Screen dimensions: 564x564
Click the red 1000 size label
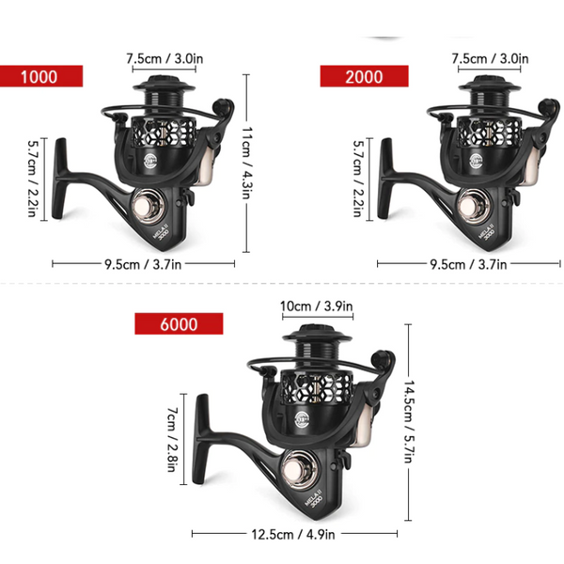click(x=41, y=77)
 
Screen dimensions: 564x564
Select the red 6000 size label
click(x=179, y=324)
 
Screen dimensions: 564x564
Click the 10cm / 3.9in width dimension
click(x=317, y=306)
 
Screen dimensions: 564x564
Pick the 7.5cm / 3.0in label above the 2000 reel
click(x=489, y=58)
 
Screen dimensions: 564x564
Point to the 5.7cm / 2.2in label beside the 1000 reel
click(x=34, y=178)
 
